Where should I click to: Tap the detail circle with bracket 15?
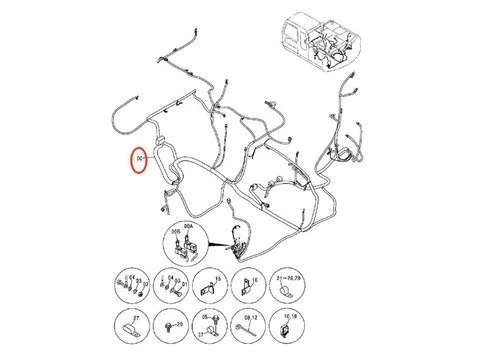tap(207, 287)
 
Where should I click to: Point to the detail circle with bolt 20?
tap(170, 325)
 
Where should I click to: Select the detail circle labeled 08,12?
tap(248, 325)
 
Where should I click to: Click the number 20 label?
tap(179, 325)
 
